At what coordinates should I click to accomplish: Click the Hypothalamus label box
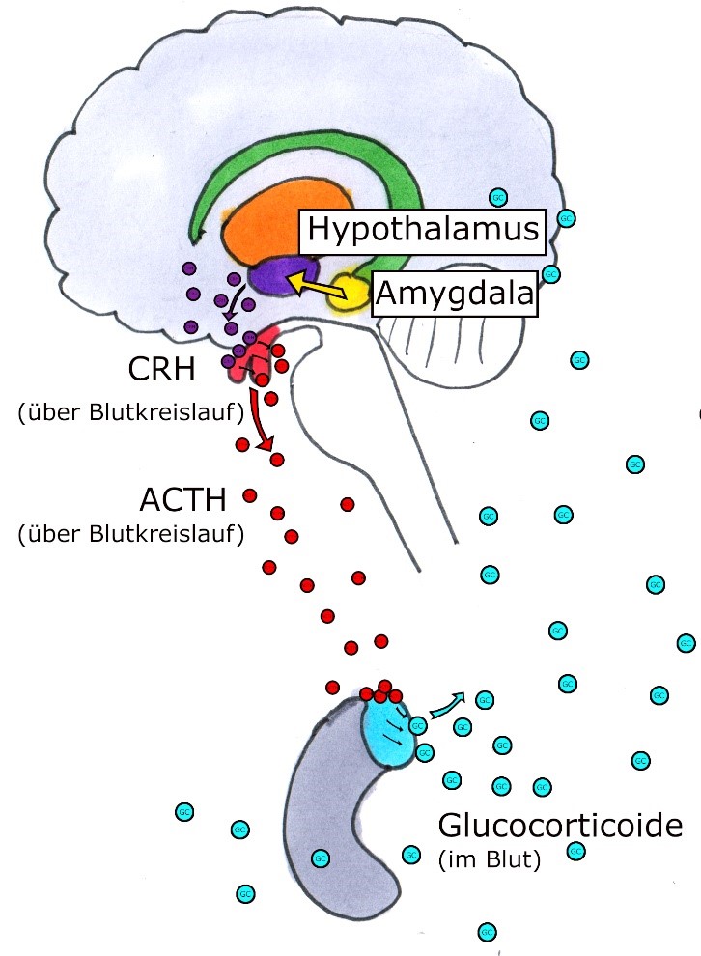[x=421, y=229]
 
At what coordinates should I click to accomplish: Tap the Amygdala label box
[x=453, y=294]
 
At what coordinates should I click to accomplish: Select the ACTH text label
[x=182, y=500]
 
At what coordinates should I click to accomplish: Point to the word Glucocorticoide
[x=559, y=827]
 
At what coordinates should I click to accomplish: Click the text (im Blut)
[x=490, y=857]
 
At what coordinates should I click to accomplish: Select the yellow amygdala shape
[x=348, y=294]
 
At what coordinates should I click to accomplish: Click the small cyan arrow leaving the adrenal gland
[x=445, y=705]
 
